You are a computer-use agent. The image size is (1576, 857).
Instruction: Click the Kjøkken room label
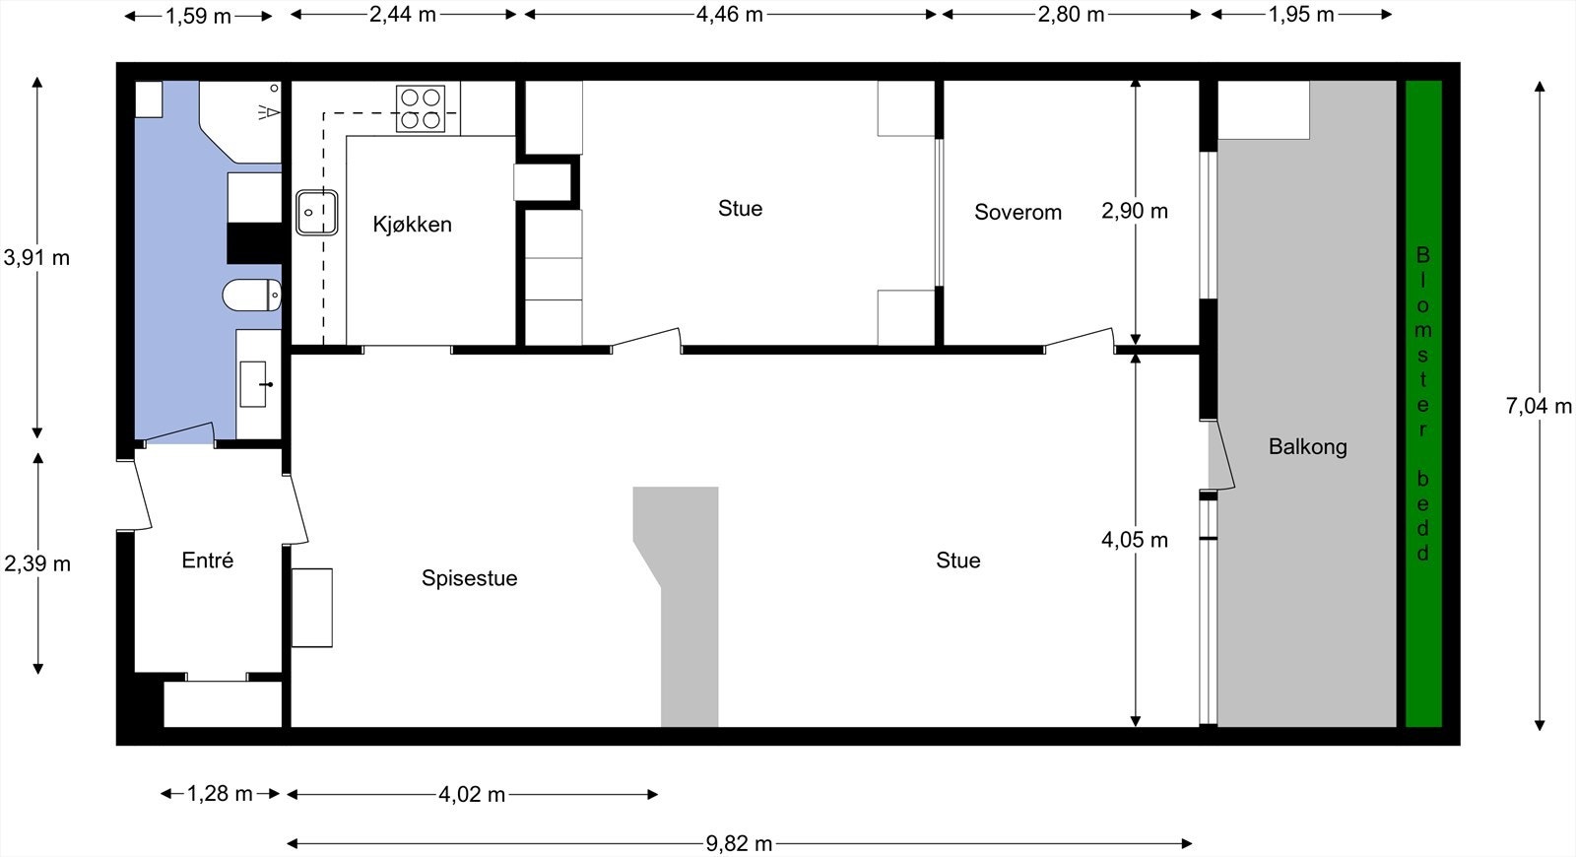[x=412, y=225]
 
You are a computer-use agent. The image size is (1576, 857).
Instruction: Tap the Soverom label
[x=1018, y=212]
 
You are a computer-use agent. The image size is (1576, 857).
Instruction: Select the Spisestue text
[x=469, y=578]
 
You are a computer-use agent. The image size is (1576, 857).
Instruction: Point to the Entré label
[x=208, y=560]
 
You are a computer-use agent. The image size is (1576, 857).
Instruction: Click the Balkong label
[x=1307, y=446]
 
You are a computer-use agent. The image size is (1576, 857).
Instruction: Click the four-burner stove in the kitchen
[x=420, y=108]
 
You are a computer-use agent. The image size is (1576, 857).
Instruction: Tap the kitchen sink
[x=317, y=212]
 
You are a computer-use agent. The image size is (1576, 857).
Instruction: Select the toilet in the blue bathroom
[x=251, y=295]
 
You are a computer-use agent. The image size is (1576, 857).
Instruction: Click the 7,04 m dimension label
[x=1539, y=406]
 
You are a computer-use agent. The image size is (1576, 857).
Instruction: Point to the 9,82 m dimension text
[x=739, y=843]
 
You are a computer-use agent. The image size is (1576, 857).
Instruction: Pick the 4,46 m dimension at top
[x=729, y=15]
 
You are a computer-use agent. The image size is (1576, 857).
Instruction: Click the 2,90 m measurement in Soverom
[x=1135, y=211]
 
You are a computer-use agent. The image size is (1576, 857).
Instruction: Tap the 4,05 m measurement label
[x=1135, y=540]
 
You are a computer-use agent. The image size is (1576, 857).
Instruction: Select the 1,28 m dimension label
[x=220, y=794]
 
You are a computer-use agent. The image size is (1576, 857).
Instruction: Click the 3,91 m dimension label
[x=36, y=258]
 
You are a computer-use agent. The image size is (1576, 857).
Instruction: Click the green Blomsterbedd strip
[x=1422, y=404]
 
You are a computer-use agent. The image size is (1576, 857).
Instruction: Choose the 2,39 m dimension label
[x=37, y=563]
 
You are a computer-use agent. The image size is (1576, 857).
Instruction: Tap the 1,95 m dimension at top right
[x=1300, y=15]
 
